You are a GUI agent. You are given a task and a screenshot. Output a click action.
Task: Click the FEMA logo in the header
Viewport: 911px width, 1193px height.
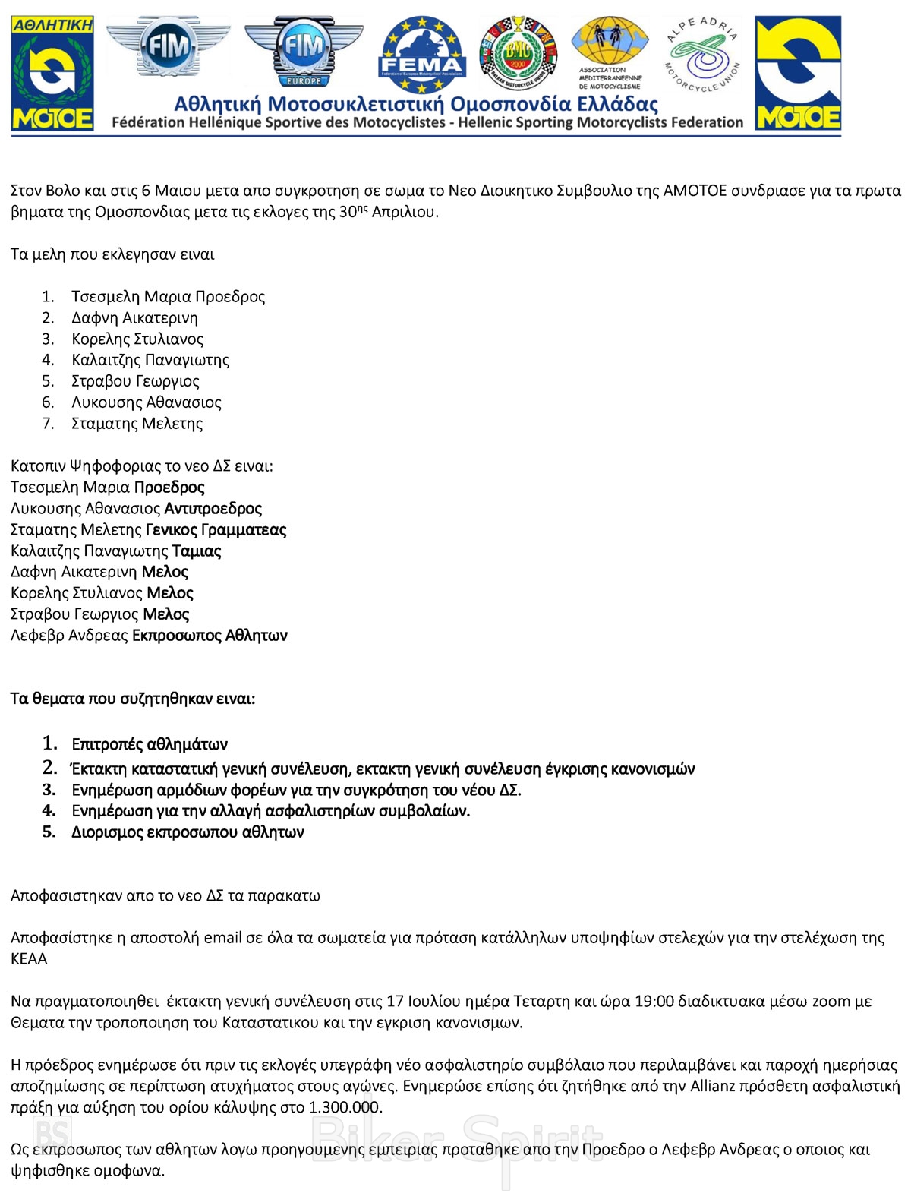421,55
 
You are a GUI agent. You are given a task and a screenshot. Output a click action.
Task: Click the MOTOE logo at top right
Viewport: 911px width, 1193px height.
798,73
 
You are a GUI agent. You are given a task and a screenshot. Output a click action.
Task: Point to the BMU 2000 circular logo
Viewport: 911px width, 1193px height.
518,55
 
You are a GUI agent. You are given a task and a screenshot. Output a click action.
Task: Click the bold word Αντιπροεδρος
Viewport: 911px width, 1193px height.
213,509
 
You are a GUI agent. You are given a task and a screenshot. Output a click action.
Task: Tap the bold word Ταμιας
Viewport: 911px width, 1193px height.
197,551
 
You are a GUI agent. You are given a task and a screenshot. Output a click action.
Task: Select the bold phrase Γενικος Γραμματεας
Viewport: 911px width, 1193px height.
216,530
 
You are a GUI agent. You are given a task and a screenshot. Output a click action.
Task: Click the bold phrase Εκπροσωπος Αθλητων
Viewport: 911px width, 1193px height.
210,636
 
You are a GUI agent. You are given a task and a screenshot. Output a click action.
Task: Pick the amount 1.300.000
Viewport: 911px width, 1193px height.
345,1108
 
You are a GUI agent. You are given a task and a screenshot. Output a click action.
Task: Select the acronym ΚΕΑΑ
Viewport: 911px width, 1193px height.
29,959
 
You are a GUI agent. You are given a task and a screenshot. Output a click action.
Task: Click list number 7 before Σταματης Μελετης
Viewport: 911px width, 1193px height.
48,424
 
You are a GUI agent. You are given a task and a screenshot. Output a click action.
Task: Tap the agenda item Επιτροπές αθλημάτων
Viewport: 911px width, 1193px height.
150,744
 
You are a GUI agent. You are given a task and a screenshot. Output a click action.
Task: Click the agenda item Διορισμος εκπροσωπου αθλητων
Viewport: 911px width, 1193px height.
188,832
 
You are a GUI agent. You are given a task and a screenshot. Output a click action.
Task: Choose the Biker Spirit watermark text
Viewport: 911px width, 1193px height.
455,1139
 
